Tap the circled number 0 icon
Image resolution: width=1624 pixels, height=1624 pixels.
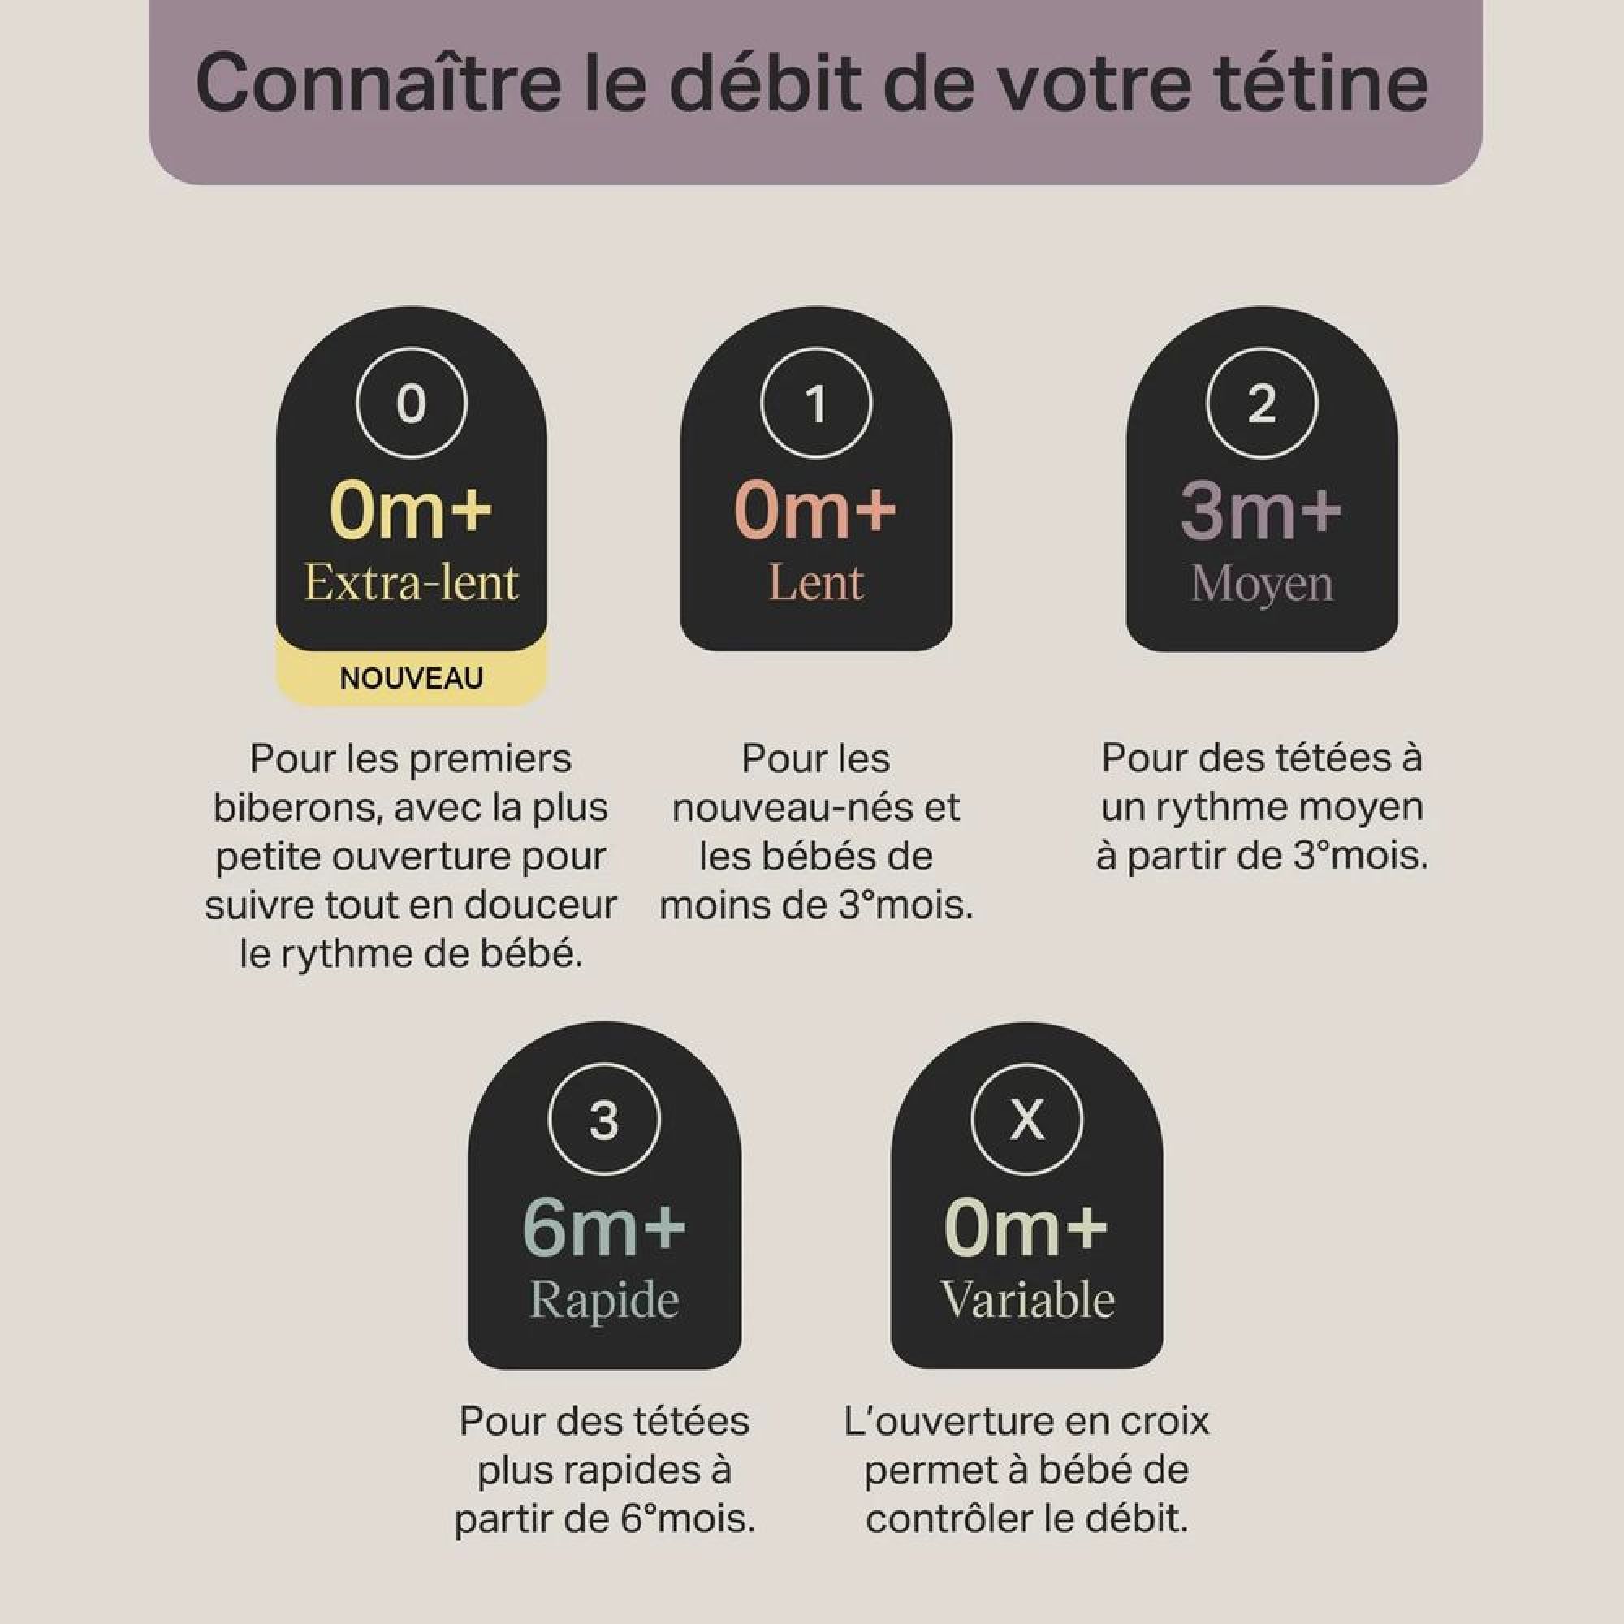click(x=411, y=403)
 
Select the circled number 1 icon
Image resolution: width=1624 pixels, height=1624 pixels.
click(x=816, y=403)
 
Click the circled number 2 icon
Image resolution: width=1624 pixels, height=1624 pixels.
click(x=1262, y=403)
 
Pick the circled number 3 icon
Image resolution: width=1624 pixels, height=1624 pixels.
click(x=604, y=1120)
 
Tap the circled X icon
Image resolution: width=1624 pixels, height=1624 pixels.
click(x=1027, y=1120)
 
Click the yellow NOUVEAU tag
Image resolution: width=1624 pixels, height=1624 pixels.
click(x=412, y=678)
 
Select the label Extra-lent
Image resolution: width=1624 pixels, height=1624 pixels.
click(x=411, y=582)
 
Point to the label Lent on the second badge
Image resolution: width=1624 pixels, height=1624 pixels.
click(x=816, y=582)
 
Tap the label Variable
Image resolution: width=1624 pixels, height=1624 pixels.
click(x=1027, y=1299)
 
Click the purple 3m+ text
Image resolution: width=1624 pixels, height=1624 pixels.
click(x=1262, y=509)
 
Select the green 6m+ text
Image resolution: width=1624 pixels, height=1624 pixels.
click(x=604, y=1227)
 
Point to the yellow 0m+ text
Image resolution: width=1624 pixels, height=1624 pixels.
click(x=411, y=509)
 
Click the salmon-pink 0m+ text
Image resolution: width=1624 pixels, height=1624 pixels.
click(x=816, y=509)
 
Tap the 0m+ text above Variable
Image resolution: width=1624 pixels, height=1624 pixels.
click(x=1027, y=1227)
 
